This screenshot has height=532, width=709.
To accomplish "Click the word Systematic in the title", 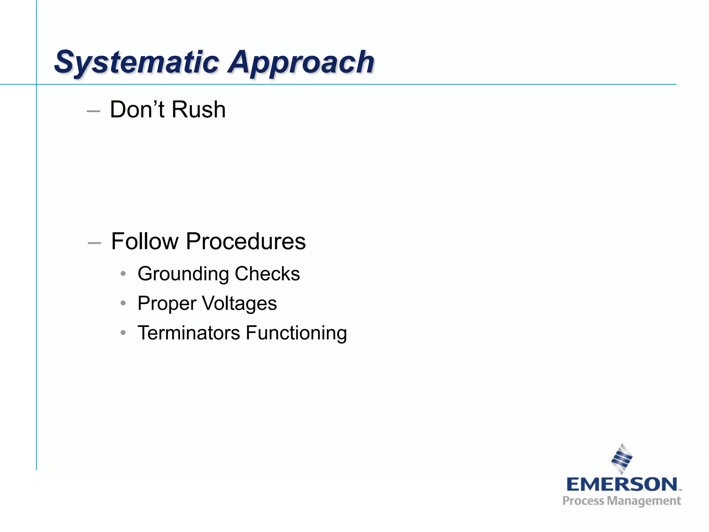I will [x=137, y=62].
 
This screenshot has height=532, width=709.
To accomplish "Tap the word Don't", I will [x=137, y=109].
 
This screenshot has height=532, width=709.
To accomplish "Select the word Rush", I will [x=199, y=109].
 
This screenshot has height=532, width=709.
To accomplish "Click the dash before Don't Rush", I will [x=93, y=111].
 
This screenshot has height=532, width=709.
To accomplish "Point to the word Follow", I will [x=145, y=241].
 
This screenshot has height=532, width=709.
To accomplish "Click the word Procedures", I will [x=246, y=241].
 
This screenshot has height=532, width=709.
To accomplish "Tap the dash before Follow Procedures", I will [x=94, y=243].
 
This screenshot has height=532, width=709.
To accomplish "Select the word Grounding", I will [x=183, y=274].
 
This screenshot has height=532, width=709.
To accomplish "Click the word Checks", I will [x=267, y=274].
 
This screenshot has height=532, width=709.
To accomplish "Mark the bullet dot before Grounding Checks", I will [x=123, y=274].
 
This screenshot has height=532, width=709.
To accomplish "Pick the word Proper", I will [x=167, y=304].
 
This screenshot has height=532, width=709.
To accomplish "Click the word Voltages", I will [x=239, y=304].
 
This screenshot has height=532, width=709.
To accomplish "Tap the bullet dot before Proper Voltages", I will [x=123, y=303].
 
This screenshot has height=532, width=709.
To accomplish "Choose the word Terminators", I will [x=189, y=333].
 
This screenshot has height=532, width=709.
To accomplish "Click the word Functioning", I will [x=296, y=333].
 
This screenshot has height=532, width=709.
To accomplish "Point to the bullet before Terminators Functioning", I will [x=123, y=333].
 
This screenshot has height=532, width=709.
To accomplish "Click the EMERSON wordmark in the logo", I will [x=622, y=484].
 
